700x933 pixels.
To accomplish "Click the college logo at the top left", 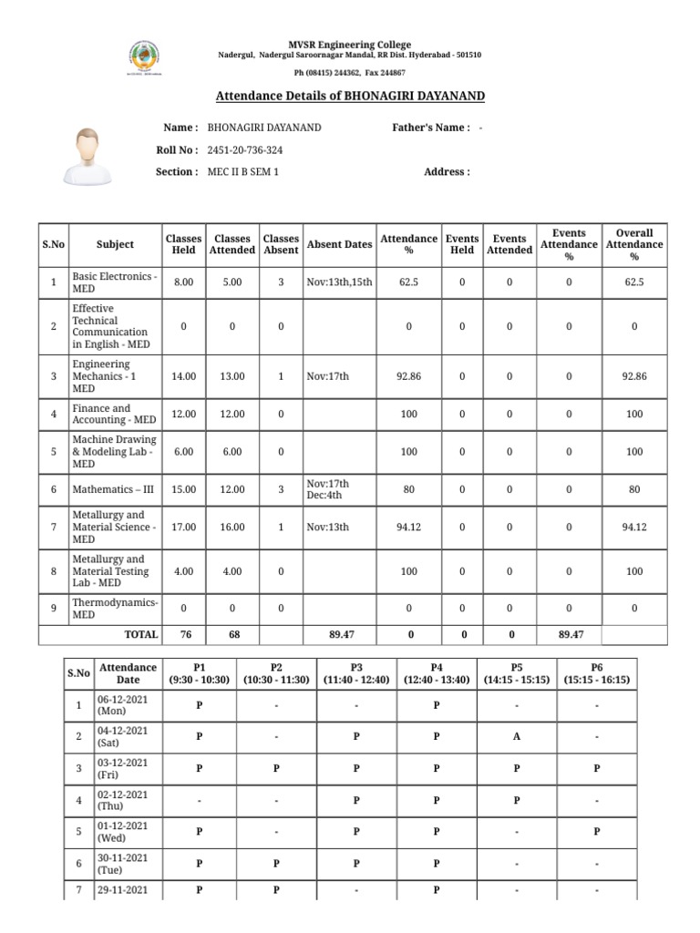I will click(x=144, y=57).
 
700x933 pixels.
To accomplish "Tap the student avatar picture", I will click(x=89, y=157).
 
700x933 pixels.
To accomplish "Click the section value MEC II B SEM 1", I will click(x=243, y=171).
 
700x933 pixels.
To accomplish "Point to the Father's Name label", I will click(x=430, y=128).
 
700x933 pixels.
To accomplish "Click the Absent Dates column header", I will click(x=339, y=244).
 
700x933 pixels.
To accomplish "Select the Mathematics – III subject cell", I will click(x=113, y=489).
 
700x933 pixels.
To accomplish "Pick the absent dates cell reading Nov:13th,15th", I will click(x=339, y=282).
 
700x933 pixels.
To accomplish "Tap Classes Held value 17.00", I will click(x=184, y=527).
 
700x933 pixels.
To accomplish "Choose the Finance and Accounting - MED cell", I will click(x=113, y=415).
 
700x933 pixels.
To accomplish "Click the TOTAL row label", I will click(x=140, y=634).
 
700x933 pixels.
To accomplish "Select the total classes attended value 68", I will click(x=233, y=634).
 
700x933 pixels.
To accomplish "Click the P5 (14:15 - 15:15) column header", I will click(x=517, y=673).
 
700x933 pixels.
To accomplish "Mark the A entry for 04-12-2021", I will click(x=517, y=737).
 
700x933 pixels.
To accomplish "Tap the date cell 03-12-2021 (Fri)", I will click(x=125, y=768).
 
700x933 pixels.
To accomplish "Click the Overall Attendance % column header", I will click(x=634, y=244).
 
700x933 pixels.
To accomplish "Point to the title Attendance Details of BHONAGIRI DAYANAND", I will click(x=350, y=97).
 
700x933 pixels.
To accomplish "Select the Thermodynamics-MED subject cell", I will click(x=115, y=608).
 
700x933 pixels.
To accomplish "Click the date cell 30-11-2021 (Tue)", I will click(x=125, y=863).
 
